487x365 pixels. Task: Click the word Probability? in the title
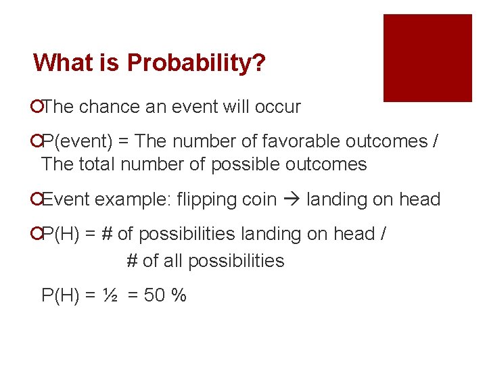(x=196, y=64)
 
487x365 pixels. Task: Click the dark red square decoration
(x=427, y=58)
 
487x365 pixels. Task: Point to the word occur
(x=278, y=107)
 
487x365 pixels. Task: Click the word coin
(x=261, y=199)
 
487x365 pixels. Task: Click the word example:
(x=133, y=199)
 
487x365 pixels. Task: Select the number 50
(x=155, y=295)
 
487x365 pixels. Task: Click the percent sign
(x=179, y=295)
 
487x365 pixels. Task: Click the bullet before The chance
(x=36, y=107)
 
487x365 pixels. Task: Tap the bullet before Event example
(x=36, y=200)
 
